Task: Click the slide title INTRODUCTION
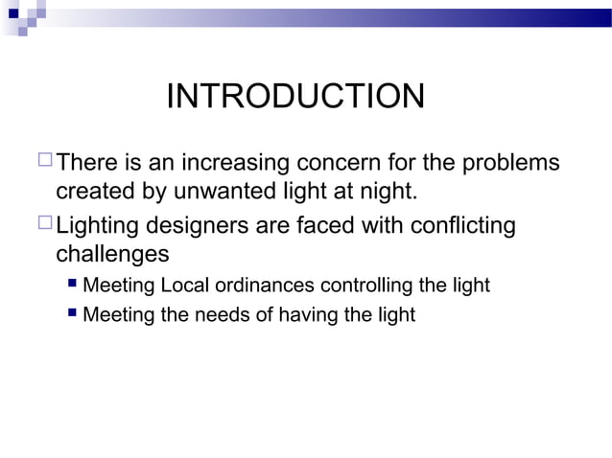294,97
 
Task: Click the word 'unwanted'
216,191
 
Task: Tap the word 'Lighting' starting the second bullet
97,227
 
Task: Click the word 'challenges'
112,256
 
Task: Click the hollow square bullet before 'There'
45,163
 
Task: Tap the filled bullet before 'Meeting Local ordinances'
73,285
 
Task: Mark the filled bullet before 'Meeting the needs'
73,313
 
